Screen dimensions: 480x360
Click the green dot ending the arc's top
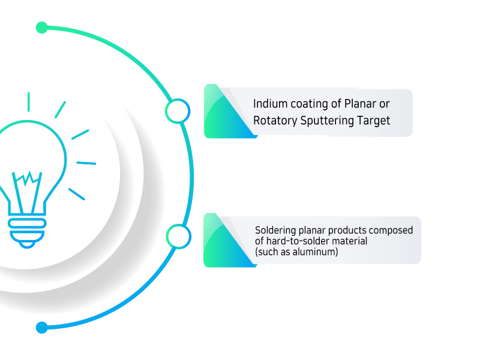coord(41,28)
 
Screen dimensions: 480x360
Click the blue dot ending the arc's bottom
coord(41,327)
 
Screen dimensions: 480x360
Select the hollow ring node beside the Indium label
coord(178,111)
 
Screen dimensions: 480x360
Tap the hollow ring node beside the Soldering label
coord(179,236)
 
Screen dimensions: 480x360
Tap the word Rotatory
coord(275,121)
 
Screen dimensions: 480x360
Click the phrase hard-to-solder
coord(295,241)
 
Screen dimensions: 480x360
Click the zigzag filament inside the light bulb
coord(28,179)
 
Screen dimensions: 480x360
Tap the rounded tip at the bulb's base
coord(27,245)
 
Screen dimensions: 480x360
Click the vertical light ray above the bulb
coord(28,101)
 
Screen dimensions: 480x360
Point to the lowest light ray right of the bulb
coord(77,194)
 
